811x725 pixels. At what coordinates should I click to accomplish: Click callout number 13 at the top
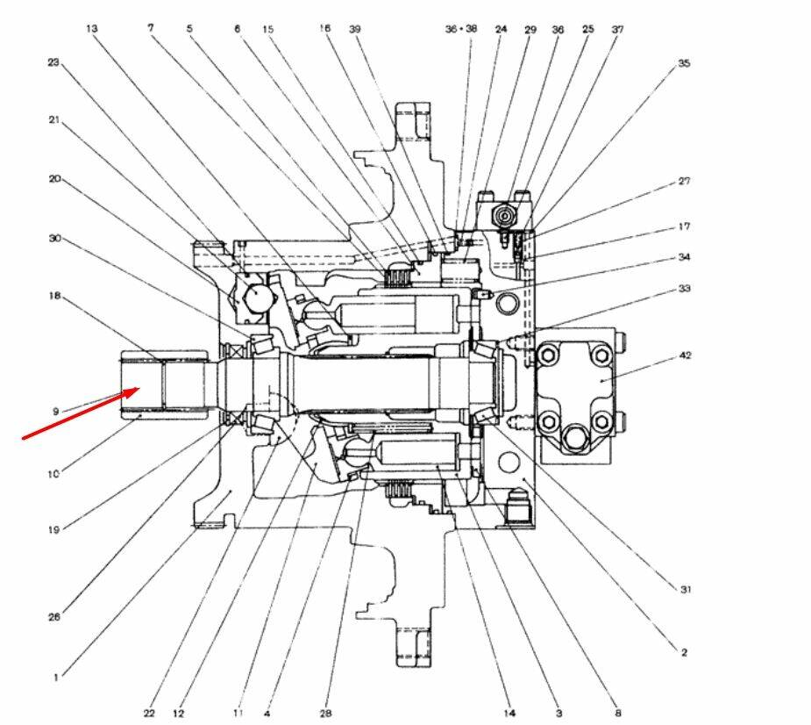[92, 29]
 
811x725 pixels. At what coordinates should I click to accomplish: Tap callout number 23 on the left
[53, 62]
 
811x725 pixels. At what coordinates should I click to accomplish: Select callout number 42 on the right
[685, 357]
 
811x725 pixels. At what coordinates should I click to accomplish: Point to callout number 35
[684, 63]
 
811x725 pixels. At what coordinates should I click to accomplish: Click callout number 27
[685, 182]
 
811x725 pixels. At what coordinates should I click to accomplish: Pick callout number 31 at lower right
[686, 590]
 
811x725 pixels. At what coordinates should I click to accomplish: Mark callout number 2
[684, 652]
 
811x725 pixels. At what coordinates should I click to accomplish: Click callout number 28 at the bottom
[325, 714]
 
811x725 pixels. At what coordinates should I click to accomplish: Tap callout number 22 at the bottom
[149, 714]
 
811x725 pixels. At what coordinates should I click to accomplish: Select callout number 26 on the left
[54, 617]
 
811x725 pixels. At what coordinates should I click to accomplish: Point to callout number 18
[54, 296]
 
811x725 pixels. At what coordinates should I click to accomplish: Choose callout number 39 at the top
[354, 29]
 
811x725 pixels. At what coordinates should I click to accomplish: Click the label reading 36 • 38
[461, 29]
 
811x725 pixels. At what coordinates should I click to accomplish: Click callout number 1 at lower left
[56, 677]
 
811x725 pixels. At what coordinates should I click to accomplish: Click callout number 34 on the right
[685, 257]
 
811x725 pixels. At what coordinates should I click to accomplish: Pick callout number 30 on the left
[54, 237]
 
